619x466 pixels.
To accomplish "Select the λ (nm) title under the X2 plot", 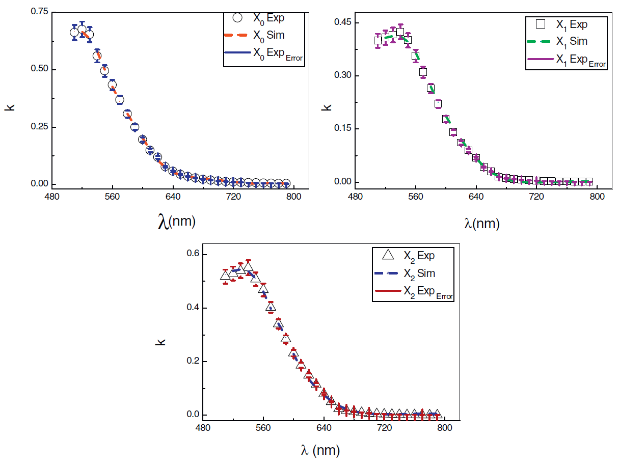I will [320, 450].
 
